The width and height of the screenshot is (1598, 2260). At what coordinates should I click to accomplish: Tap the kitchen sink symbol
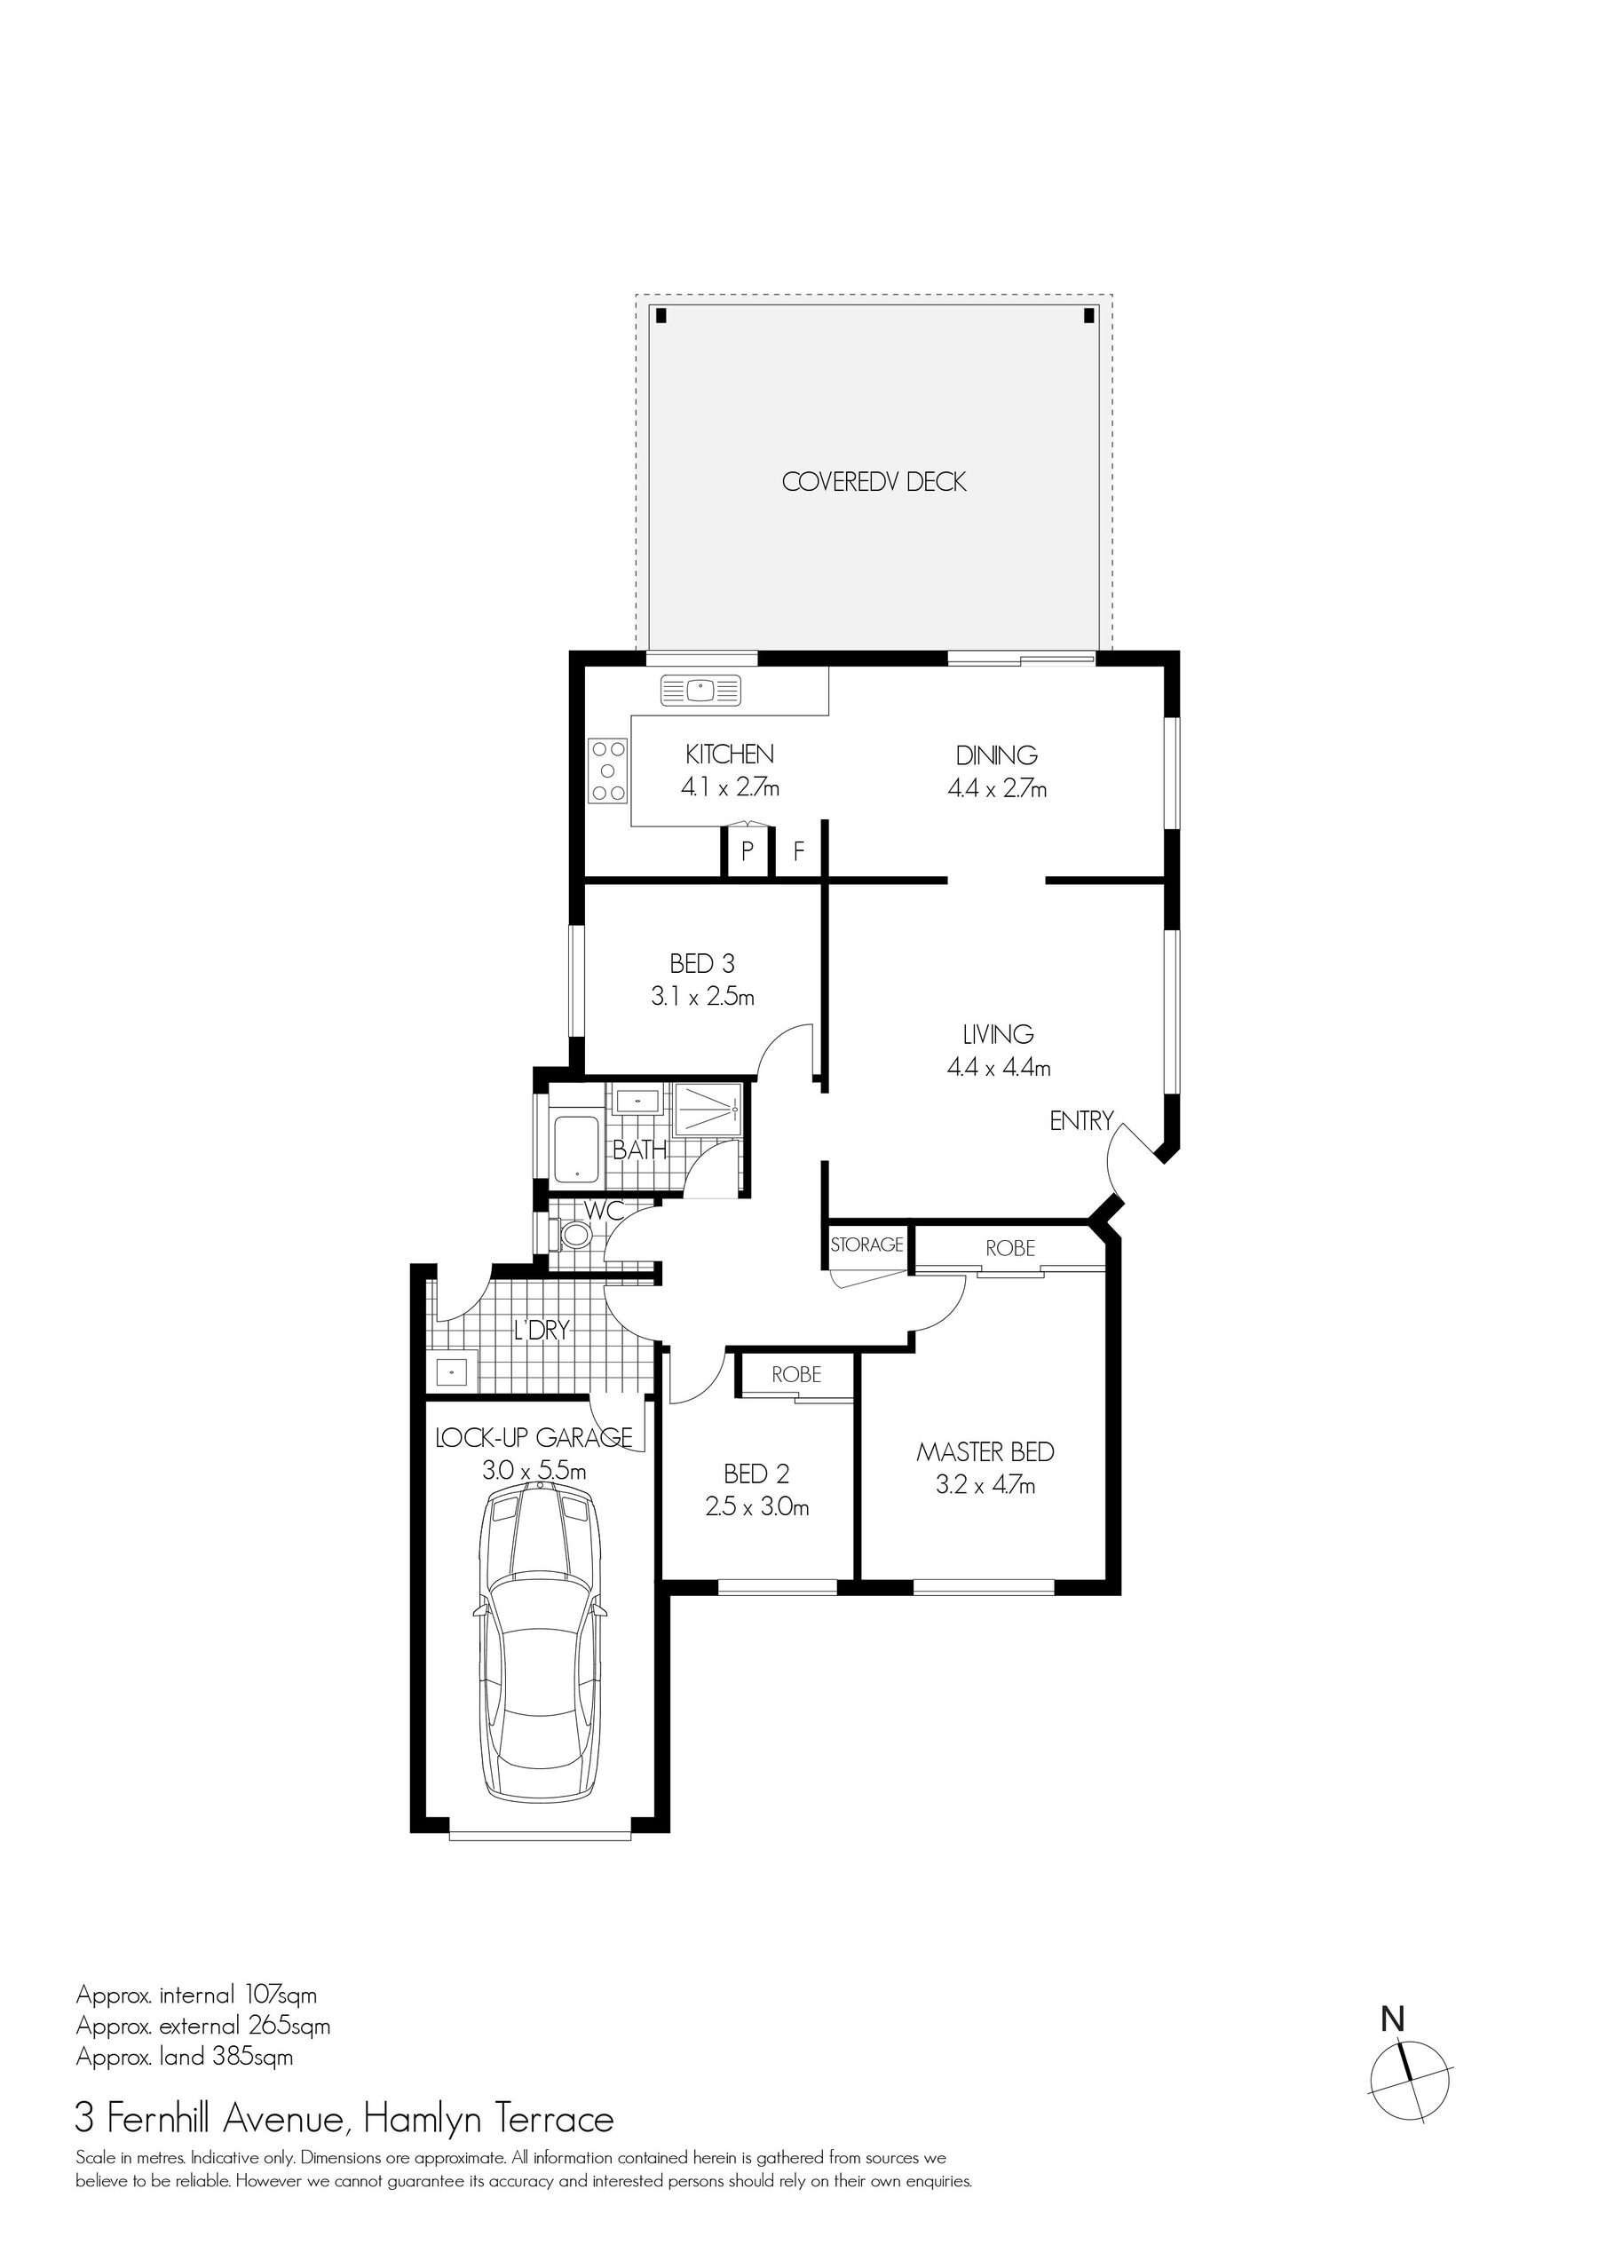[700, 690]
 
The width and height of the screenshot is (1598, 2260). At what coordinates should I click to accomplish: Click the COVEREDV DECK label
[874, 482]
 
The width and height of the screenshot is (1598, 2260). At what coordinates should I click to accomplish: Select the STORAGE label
[866, 1245]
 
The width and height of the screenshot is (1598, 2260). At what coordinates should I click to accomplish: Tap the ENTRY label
[1081, 1120]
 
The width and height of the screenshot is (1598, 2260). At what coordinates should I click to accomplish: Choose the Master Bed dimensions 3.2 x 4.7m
[985, 1485]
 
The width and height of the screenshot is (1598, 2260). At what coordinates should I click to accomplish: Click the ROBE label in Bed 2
[796, 1374]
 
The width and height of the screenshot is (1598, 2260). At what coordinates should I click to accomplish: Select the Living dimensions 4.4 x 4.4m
[999, 1067]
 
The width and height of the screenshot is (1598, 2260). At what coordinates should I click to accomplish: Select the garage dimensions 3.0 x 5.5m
[534, 1472]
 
